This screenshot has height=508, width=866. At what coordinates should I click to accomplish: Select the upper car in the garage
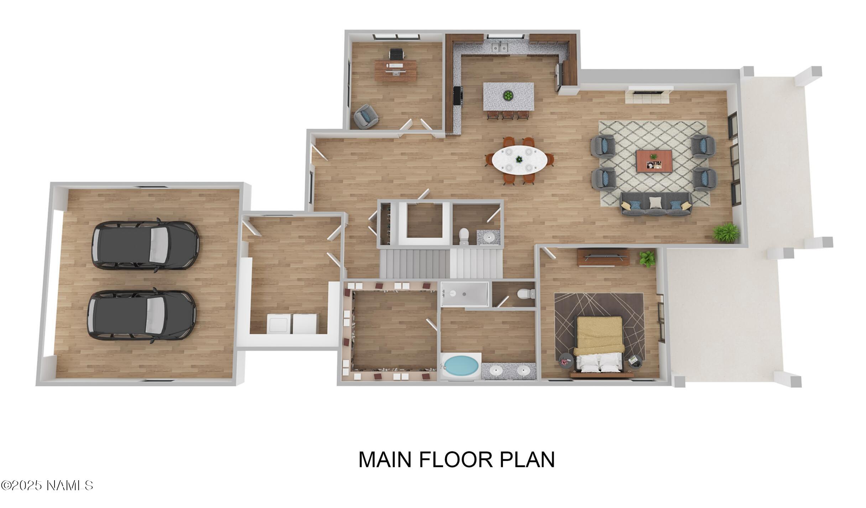point(145,245)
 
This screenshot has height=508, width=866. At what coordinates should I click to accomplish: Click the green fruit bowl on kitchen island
point(508,95)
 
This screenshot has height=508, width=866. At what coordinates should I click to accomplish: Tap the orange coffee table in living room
point(654,161)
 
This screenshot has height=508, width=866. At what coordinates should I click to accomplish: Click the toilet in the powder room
point(464,236)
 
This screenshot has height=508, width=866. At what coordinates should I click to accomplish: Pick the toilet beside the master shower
point(526,294)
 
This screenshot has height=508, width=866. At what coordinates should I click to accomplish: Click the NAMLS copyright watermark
point(47,485)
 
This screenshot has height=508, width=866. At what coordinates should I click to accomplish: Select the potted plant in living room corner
point(726,232)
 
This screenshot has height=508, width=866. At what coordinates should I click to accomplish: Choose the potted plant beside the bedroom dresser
point(647,258)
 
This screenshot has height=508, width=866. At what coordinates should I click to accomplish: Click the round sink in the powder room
point(488,237)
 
